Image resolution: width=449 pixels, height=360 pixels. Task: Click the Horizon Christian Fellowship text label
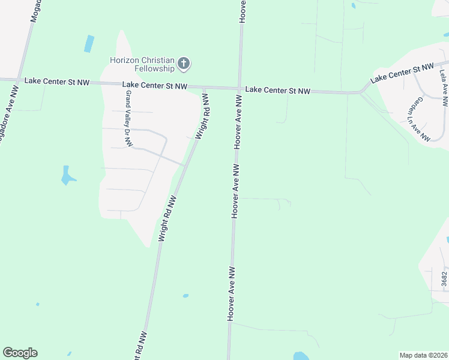pyautogui.click(x=142, y=64)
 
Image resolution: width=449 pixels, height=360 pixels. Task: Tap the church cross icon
pyautogui.click(x=184, y=62)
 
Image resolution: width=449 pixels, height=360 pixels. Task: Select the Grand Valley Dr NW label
pyautogui.click(x=128, y=118)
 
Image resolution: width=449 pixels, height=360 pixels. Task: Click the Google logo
pyautogui.click(x=20, y=353)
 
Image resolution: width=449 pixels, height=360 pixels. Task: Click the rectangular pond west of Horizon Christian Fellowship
pyautogui.click(x=89, y=43)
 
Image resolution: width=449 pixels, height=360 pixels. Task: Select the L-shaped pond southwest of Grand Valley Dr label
pyautogui.click(x=67, y=175)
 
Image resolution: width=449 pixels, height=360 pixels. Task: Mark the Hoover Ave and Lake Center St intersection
pyautogui.click(x=240, y=89)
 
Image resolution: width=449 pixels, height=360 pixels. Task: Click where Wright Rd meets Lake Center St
pyautogui.click(x=205, y=88)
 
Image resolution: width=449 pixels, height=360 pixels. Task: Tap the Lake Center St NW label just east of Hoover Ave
pyautogui.click(x=278, y=91)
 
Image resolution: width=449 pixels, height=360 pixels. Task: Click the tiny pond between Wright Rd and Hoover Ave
pyautogui.click(x=185, y=296)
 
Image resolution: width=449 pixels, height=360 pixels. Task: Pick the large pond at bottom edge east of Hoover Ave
pyautogui.click(x=300, y=356)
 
